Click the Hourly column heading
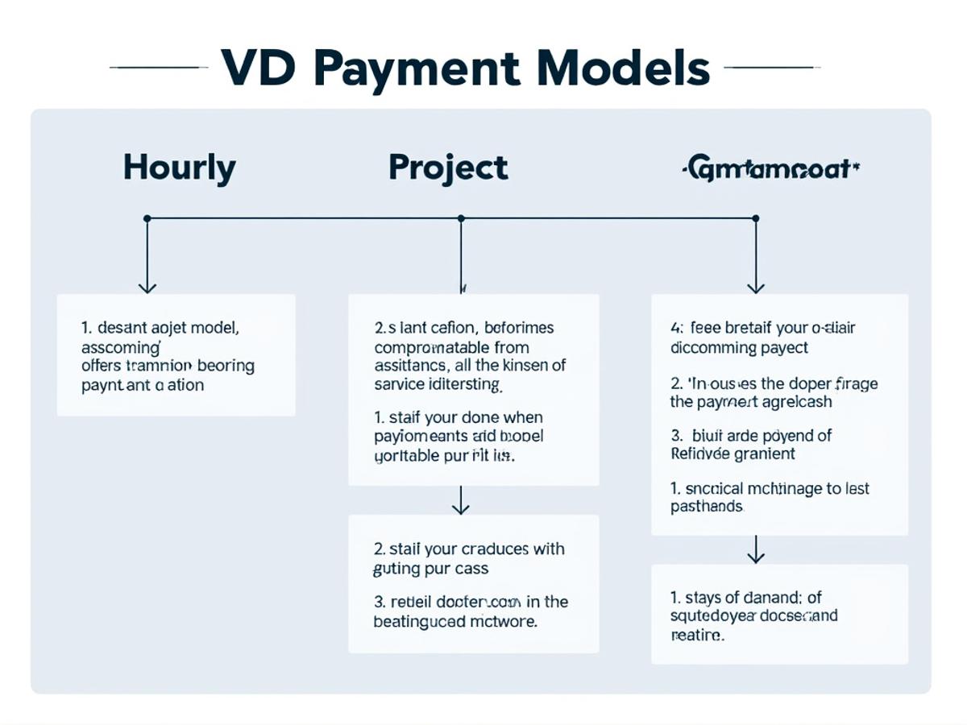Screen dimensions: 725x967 pos(180,168)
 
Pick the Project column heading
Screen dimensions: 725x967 pos(448,168)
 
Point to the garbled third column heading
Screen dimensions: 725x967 pos(770,169)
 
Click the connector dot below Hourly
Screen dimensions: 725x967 pos(147,218)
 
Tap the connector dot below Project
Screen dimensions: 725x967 pos(461,218)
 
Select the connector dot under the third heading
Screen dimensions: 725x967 pos(755,218)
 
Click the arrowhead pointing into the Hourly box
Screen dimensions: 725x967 pos(147,287)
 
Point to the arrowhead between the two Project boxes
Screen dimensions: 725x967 pos(460,508)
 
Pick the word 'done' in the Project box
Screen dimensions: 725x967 pos(481,418)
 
